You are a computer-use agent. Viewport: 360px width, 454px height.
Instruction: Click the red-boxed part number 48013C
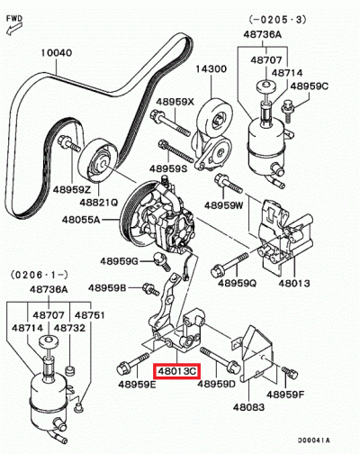click(x=176, y=369)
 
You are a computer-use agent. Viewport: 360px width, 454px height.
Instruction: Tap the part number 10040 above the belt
click(x=57, y=53)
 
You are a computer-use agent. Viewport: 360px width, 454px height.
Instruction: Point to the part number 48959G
click(x=119, y=261)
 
